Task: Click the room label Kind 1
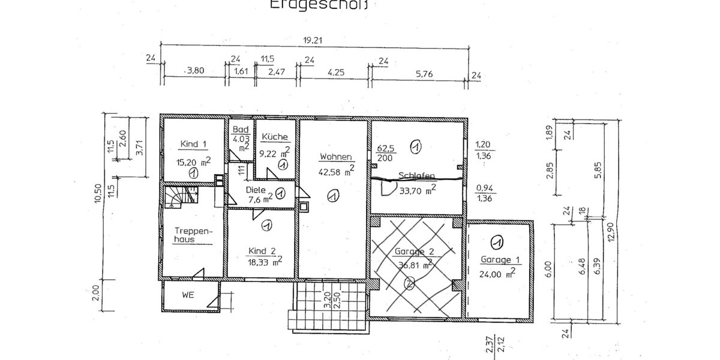pos(193,144)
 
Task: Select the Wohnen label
pos(335,157)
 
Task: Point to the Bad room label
pos(241,130)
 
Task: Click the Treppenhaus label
pos(190,235)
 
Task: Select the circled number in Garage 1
pos(496,242)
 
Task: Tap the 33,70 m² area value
pos(414,191)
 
